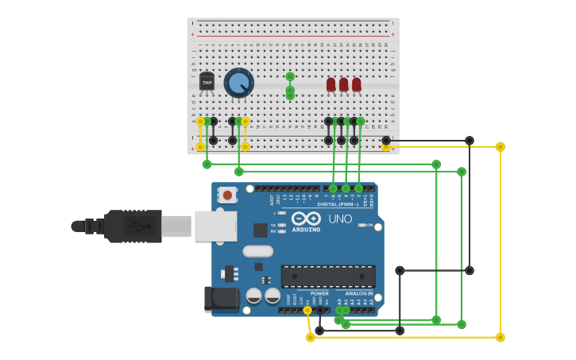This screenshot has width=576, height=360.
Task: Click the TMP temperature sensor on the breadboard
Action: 207,82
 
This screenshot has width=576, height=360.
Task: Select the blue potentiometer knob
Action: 238,82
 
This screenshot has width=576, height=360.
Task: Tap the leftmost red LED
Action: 331,83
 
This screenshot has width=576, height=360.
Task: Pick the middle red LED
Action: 344,83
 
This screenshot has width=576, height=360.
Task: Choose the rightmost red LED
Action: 357,83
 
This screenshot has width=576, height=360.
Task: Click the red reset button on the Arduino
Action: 227,194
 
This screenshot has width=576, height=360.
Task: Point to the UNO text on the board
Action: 340,219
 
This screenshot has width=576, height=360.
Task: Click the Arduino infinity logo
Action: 305,219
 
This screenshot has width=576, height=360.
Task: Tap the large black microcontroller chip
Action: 328,276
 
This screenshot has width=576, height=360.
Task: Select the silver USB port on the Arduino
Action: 215,226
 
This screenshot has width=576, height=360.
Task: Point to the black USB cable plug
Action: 131,226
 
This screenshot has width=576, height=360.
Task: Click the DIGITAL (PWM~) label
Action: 343,204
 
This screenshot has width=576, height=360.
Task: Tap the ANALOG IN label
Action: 358,294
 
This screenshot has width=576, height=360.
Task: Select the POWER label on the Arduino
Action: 319,294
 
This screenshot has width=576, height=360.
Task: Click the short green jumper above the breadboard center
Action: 290,86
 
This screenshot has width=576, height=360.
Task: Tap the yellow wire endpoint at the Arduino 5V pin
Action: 307,310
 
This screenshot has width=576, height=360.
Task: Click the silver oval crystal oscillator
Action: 257,251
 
